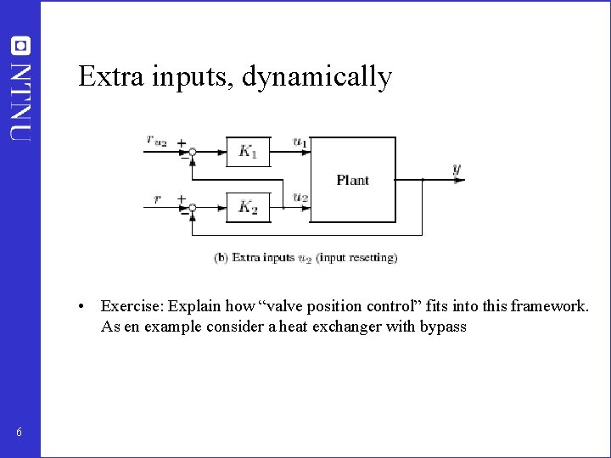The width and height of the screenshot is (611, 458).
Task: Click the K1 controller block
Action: click(248, 152)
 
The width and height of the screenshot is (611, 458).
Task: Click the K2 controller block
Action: click(248, 206)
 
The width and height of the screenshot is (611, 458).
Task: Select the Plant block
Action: click(353, 180)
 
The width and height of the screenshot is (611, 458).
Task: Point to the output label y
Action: click(457, 170)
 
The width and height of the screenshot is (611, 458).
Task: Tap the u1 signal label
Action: click(300, 142)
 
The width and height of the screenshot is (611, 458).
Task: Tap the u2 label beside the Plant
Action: click(300, 197)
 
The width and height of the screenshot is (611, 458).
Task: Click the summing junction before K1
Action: click(193, 153)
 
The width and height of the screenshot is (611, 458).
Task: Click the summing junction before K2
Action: click(193, 208)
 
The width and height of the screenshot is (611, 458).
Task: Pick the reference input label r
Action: click(157, 198)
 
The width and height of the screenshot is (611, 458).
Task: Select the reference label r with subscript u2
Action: click(156, 142)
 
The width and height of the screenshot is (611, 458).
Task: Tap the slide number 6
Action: click(19, 433)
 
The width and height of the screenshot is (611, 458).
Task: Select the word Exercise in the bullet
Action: click(132, 306)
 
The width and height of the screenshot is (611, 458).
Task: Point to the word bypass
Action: click(443, 327)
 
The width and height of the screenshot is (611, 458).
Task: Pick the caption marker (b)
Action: click(221, 257)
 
